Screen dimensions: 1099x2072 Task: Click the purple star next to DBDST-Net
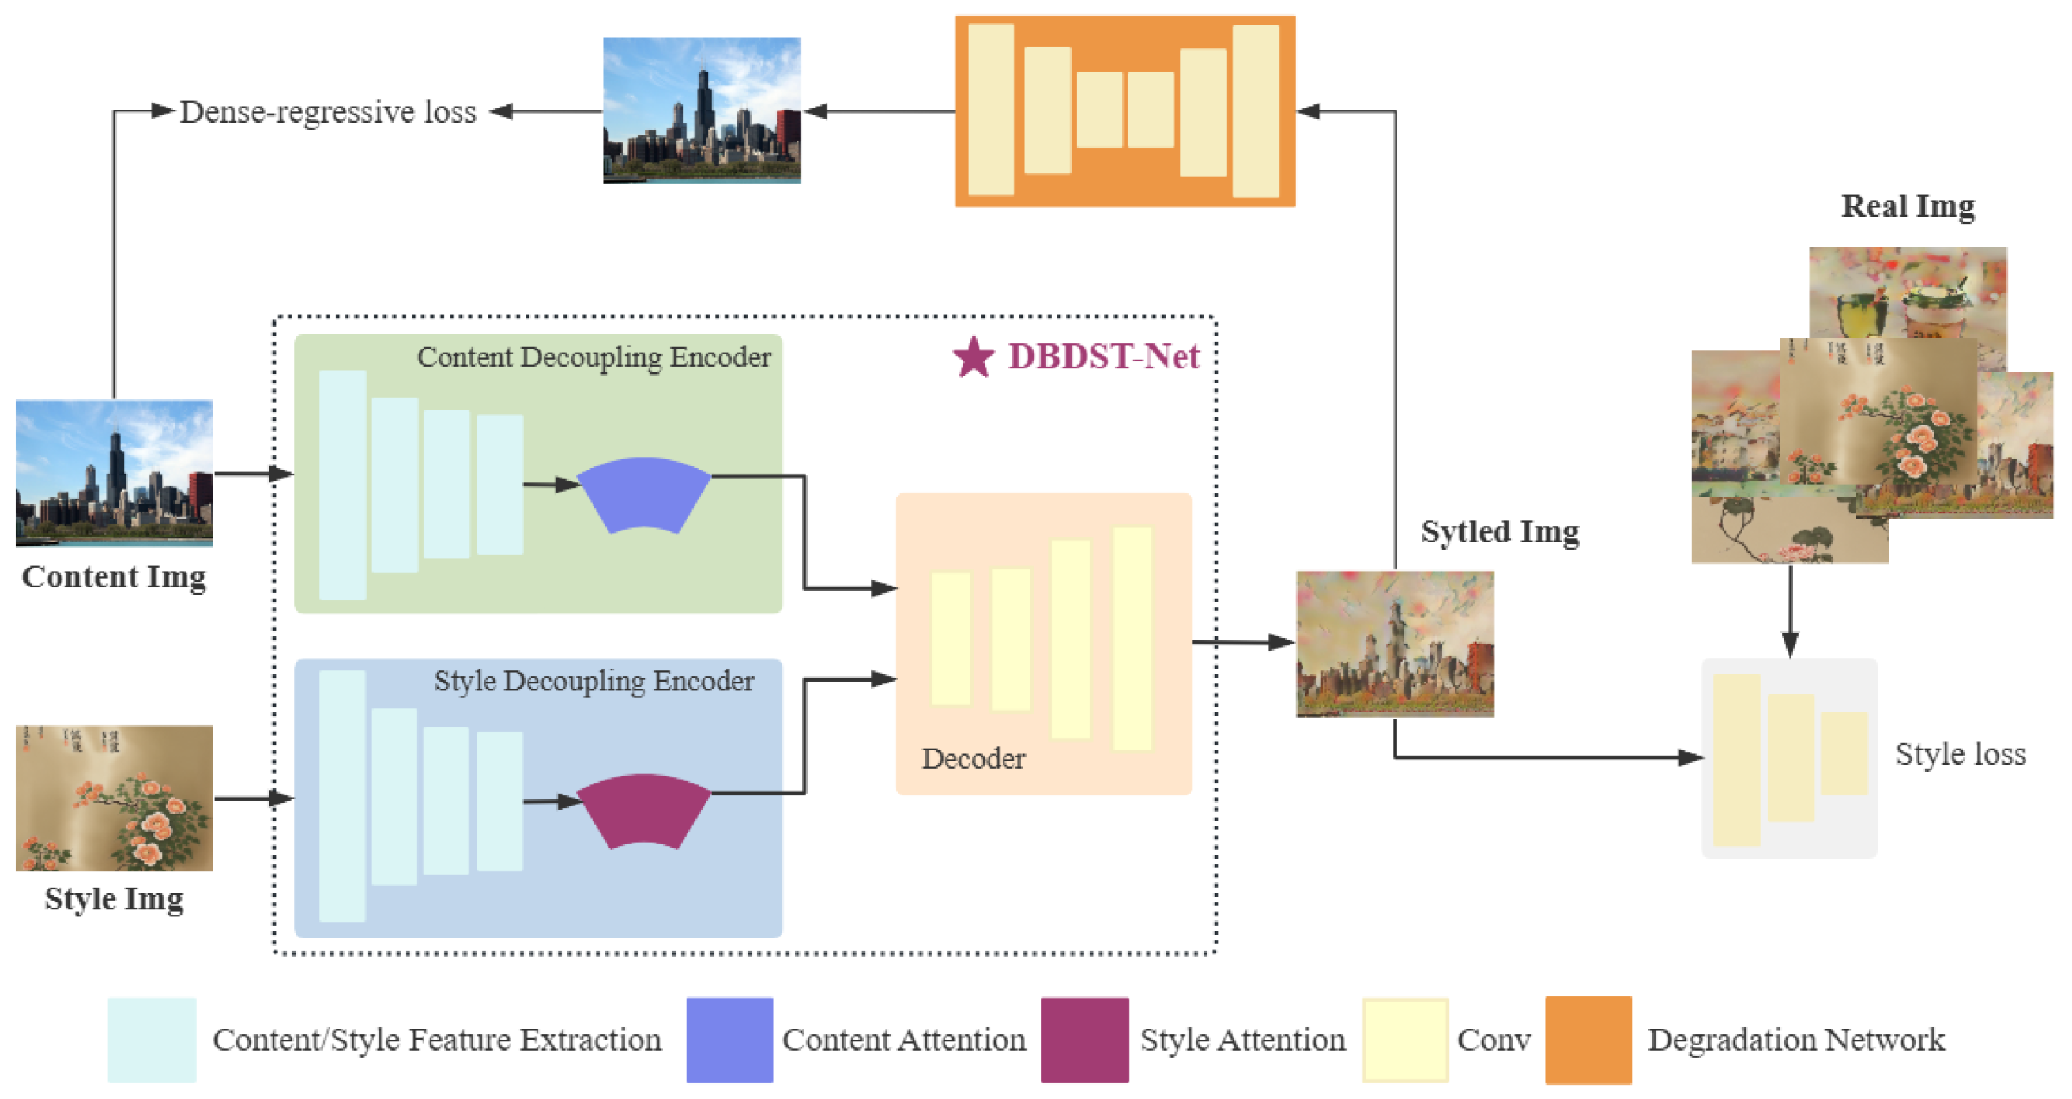[x=974, y=358]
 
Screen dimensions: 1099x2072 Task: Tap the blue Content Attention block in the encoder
[x=643, y=493]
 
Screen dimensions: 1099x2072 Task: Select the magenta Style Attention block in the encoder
[x=643, y=810]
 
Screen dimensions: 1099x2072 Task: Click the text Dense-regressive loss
[x=327, y=111]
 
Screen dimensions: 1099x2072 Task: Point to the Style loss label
[x=1961, y=754]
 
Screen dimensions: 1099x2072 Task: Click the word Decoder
[x=974, y=759]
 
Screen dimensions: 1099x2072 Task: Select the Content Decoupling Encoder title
[x=593, y=357]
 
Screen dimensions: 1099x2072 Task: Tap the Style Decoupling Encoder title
[x=593, y=682]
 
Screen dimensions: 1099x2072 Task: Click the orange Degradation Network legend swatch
[x=1588, y=1040]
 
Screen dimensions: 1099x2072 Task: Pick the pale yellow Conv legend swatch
[x=1405, y=1040]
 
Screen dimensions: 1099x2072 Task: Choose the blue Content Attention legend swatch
[x=729, y=1040]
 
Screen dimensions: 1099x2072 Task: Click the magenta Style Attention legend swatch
[x=1084, y=1040]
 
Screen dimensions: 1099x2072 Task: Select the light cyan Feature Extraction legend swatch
[x=152, y=1040]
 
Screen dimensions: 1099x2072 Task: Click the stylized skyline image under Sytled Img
[x=1395, y=644]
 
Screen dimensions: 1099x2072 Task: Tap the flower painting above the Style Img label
[x=115, y=798]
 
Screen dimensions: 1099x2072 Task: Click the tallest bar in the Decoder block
[x=1132, y=639]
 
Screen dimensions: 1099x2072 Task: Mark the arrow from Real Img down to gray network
[x=1790, y=611]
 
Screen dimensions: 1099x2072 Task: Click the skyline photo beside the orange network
[x=702, y=111]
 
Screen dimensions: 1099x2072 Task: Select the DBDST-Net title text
[x=1102, y=357]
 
